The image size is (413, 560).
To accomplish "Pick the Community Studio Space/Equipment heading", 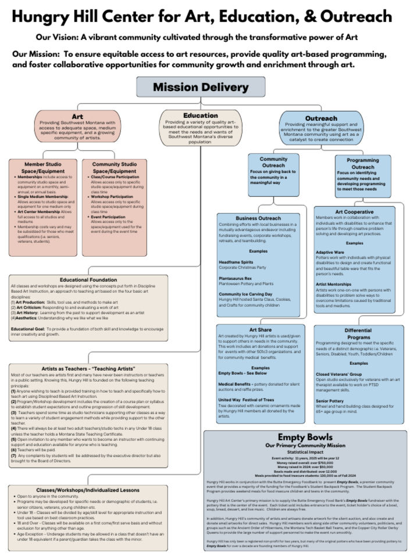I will coord(114,168).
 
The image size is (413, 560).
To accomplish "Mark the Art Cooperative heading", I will coord(355,211).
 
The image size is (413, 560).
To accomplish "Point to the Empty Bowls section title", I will coord(305,437).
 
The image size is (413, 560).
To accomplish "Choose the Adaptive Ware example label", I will coord(332,253).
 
